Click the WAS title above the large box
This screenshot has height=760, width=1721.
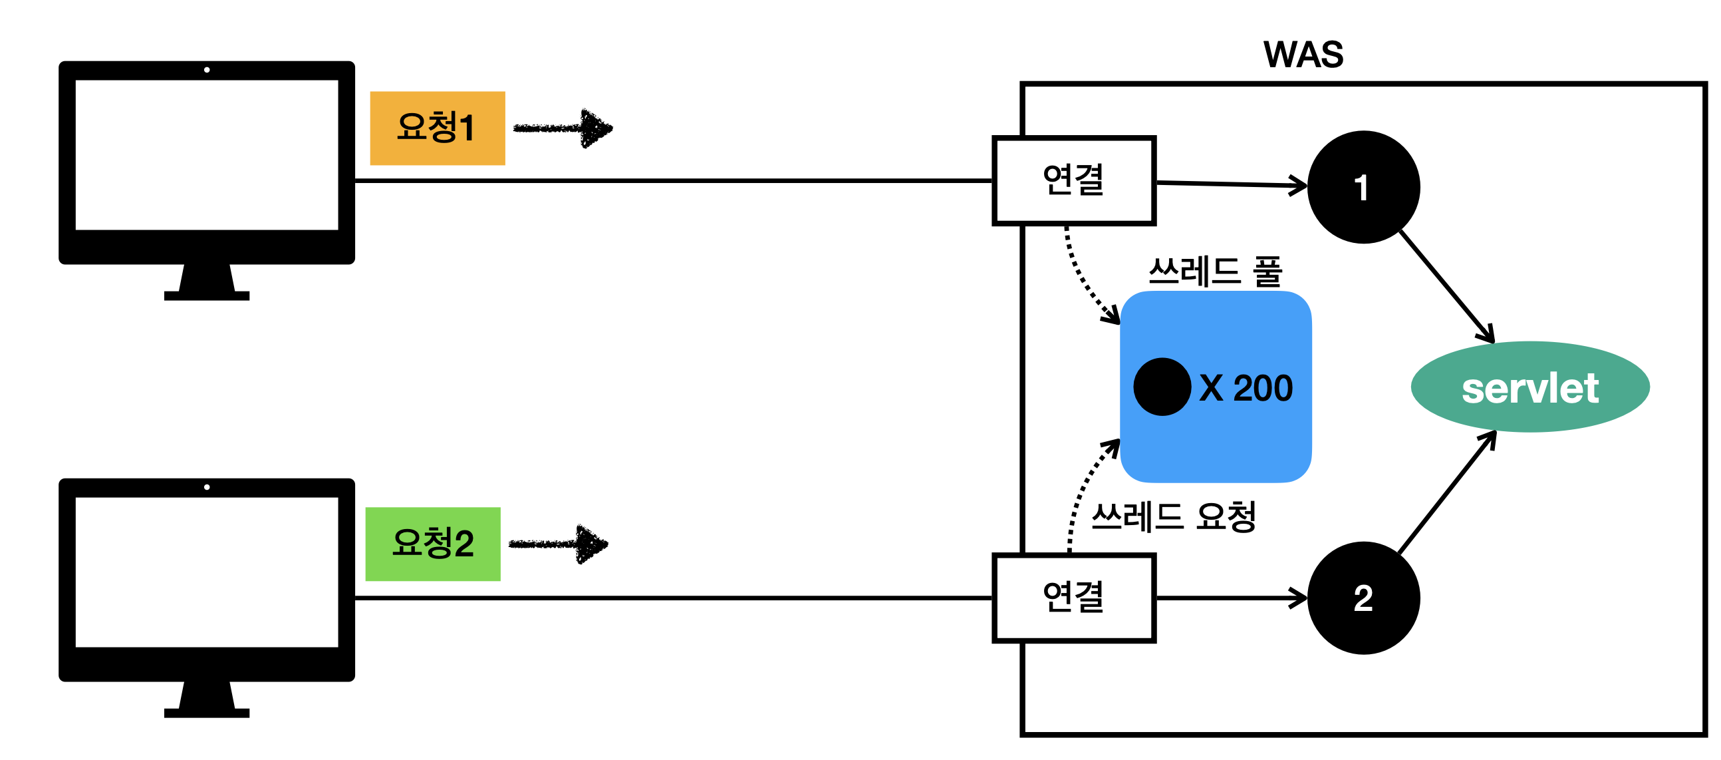(1302, 55)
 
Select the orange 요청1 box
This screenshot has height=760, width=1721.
(437, 128)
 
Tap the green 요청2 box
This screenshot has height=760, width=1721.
(432, 544)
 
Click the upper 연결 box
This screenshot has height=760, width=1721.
(1073, 180)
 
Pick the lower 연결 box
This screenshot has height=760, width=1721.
(1073, 598)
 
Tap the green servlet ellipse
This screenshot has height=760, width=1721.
(1529, 387)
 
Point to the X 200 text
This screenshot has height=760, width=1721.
(1246, 388)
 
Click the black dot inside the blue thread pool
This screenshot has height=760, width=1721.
(1161, 387)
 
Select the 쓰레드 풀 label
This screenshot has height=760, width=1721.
(1214, 272)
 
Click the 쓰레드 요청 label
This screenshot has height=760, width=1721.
(1173, 516)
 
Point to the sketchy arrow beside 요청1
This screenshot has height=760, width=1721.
(563, 128)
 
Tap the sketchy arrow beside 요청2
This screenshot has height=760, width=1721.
(559, 544)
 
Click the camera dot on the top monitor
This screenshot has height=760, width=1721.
(206, 69)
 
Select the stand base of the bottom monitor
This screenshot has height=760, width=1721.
(206, 713)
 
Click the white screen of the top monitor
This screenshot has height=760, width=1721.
(206, 154)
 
